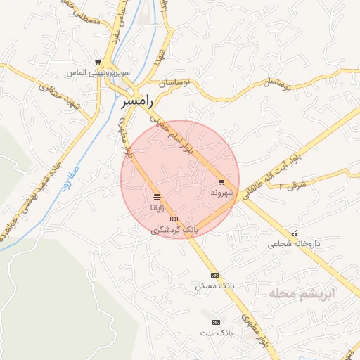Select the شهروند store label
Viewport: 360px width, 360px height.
tap(220, 191)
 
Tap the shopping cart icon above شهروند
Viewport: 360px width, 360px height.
tap(221, 181)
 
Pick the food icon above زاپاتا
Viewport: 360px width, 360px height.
tap(156, 198)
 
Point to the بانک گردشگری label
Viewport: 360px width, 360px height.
tap(174, 230)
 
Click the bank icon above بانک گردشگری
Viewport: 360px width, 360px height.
tap(174, 219)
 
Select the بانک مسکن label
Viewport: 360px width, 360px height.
tap(214, 286)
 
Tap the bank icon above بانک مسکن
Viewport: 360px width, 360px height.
tap(214, 275)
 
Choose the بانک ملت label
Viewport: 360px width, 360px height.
tap(215, 332)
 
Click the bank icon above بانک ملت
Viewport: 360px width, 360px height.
tap(215, 321)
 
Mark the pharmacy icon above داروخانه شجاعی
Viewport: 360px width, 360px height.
tap(294, 233)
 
